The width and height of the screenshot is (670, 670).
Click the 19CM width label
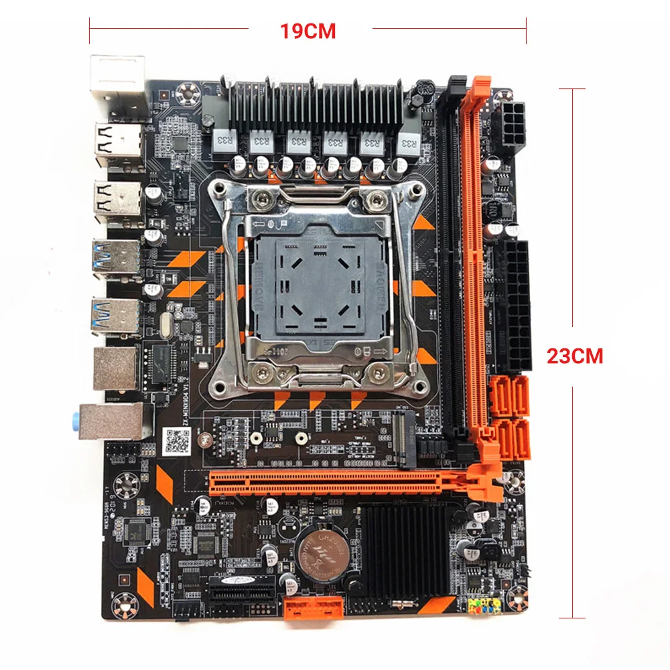309,31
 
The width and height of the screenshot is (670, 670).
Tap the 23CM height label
575,355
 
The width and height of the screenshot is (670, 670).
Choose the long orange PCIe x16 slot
348,481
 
